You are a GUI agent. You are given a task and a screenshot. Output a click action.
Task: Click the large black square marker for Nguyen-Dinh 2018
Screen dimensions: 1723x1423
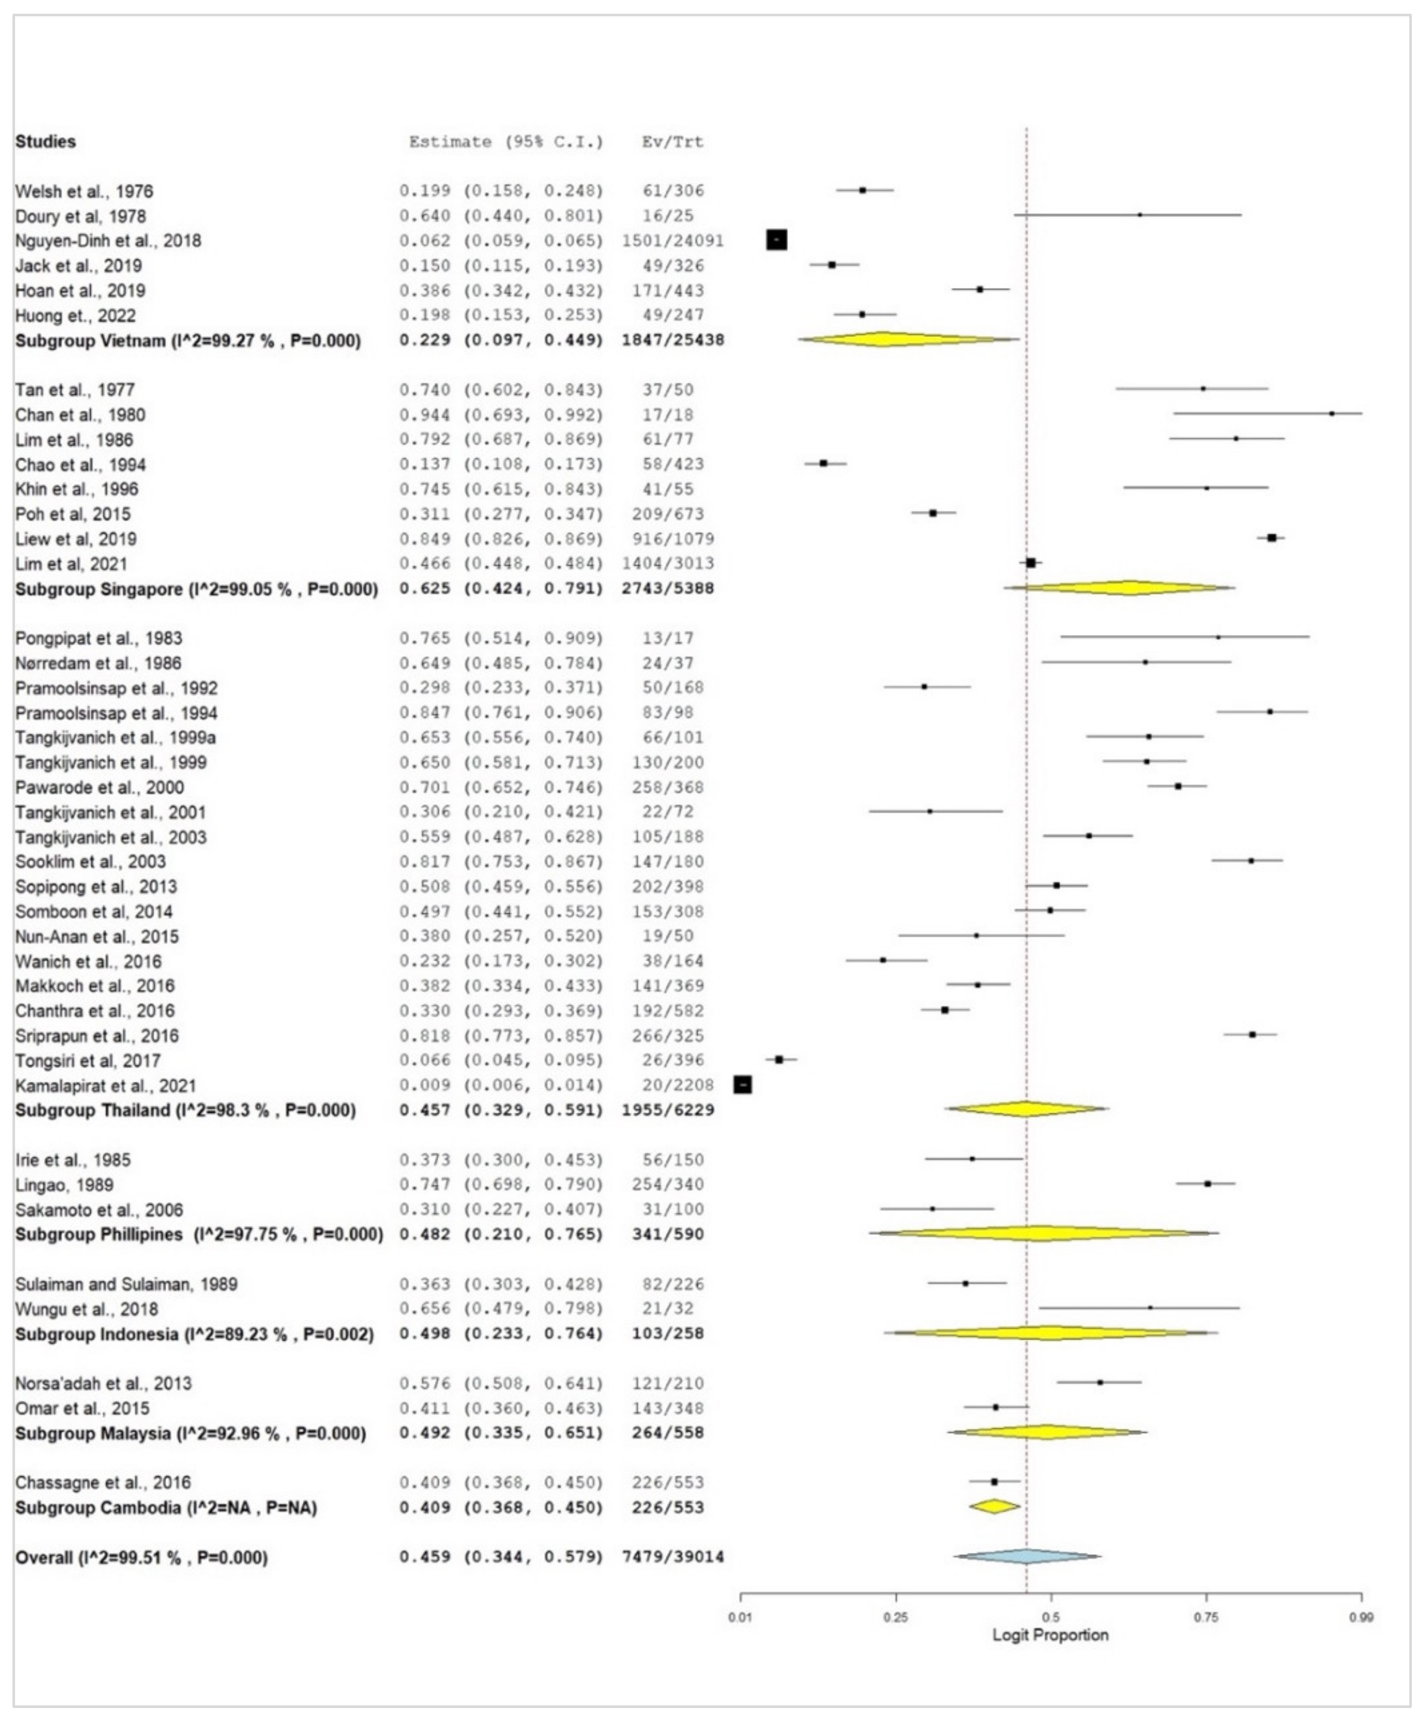point(776,240)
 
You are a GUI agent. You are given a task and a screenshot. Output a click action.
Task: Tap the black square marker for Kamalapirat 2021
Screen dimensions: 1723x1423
point(742,1085)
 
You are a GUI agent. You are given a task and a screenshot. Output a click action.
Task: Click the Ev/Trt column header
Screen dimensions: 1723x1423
point(672,142)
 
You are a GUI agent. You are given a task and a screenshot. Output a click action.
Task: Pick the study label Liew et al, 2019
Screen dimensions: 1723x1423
point(76,539)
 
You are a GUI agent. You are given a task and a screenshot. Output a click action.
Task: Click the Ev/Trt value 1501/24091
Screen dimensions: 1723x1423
point(672,240)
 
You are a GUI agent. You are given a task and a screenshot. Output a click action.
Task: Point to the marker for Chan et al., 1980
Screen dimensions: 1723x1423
point(1331,414)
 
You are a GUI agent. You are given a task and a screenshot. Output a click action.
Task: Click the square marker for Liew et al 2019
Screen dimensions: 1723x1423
point(1271,538)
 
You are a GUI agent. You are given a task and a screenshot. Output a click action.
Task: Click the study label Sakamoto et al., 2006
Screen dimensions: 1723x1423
point(98,1210)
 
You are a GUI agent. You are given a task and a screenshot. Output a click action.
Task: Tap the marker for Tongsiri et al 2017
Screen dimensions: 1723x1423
point(779,1060)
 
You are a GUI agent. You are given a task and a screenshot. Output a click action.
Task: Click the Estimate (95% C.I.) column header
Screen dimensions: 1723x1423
point(506,142)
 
